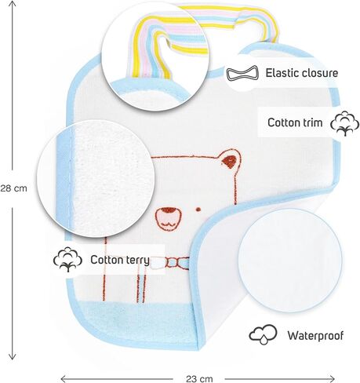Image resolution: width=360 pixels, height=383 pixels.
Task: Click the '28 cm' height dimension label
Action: [x=13, y=188]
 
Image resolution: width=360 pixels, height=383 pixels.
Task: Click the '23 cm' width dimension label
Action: [x=199, y=379]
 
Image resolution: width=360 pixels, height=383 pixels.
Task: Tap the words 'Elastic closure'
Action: [x=302, y=73]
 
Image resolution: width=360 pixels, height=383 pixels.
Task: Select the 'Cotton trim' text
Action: [x=295, y=122]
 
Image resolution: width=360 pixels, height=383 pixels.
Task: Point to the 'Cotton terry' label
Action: [x=120, y=260]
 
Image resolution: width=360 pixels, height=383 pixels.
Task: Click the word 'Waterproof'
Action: [x=315, y=336]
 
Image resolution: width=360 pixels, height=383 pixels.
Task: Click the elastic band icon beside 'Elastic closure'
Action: [x=242, y=73]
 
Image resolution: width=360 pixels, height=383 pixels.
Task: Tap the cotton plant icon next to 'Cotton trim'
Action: [x=344, y=123]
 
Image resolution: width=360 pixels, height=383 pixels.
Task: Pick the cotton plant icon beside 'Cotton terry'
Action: [x=67, y=260]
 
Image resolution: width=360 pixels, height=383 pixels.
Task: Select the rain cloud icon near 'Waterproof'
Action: [x=263, y=334]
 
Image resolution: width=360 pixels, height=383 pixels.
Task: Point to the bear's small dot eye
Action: [x=198, y=210]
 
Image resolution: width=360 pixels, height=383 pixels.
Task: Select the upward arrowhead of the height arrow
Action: [x=12, y=4]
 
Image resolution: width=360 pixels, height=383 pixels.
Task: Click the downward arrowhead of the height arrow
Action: [x=12, y=356]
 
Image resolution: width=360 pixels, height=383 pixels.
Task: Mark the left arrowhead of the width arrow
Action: [x=64, y=378]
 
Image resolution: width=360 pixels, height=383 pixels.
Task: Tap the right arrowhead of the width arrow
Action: [x=332, y=378]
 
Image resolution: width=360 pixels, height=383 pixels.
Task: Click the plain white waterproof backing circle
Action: [x=290, y=261]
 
